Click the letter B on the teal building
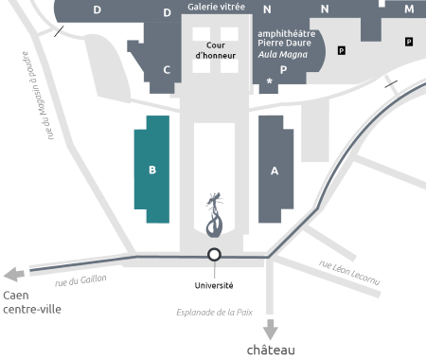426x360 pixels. point(151,171)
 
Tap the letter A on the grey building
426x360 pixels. point(275,171)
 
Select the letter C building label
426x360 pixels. point(167,69)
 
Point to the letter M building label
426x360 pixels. point(409,9)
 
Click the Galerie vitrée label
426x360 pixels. point(217,7)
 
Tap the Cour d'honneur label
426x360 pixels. point(215,49)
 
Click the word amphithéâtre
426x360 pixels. point(288,33)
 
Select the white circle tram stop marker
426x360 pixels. point(215,255)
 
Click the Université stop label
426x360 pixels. point(215,284)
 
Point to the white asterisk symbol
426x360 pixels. point(271,82)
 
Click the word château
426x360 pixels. point(271,350)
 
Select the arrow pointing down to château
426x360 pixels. point(271,330)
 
